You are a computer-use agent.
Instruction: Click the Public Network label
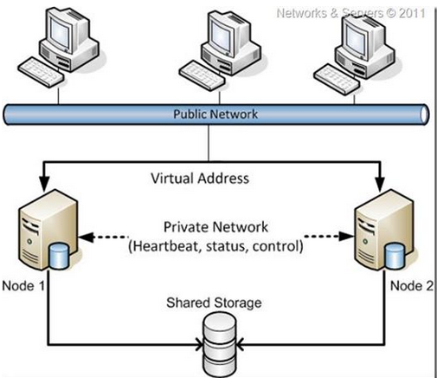click(215, 114)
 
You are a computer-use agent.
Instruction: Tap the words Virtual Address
click(200, 178)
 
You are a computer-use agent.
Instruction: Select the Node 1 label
click(23, 286)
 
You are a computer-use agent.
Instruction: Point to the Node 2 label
click(412, 286)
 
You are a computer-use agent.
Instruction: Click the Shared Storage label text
click(214, 303)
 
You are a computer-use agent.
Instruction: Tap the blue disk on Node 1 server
click(59, 257)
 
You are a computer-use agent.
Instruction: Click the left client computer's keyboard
click(41, 72)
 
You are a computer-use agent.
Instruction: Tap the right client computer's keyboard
click(337, 78)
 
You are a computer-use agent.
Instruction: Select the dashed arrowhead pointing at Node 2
click(346, 236)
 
